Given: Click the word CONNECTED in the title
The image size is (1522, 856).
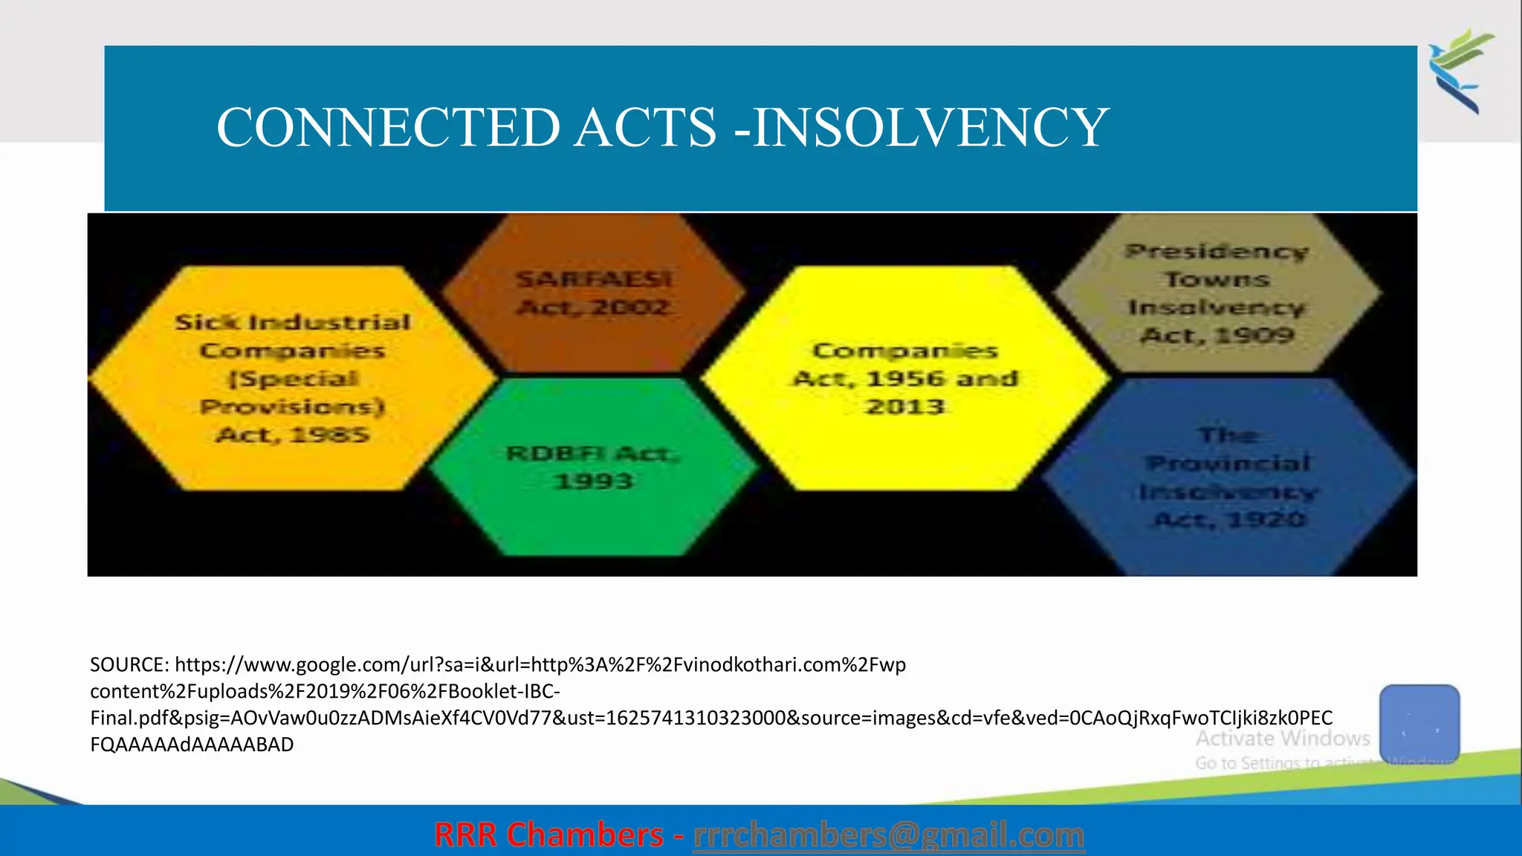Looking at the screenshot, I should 388,128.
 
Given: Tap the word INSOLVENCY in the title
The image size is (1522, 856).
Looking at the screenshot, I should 930,128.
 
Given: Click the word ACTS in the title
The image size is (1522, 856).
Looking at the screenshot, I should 646,128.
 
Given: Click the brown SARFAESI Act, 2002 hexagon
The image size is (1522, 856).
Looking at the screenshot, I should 594,293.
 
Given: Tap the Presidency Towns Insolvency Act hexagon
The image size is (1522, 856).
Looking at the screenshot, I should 1217,293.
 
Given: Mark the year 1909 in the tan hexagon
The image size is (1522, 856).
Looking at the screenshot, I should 1254,335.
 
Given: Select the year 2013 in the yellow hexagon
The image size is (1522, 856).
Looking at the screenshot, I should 904,407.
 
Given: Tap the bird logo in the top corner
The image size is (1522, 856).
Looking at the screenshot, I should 1460,71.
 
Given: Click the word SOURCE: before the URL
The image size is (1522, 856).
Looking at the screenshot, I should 129,664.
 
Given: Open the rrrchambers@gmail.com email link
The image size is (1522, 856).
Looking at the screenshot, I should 888,835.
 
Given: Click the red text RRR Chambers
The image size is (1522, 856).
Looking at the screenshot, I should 548,835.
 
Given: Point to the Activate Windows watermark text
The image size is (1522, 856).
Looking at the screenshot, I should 1282,739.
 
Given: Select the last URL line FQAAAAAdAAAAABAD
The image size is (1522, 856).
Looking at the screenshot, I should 192,745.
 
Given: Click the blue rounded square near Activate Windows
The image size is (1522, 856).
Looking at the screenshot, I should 1419,723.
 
